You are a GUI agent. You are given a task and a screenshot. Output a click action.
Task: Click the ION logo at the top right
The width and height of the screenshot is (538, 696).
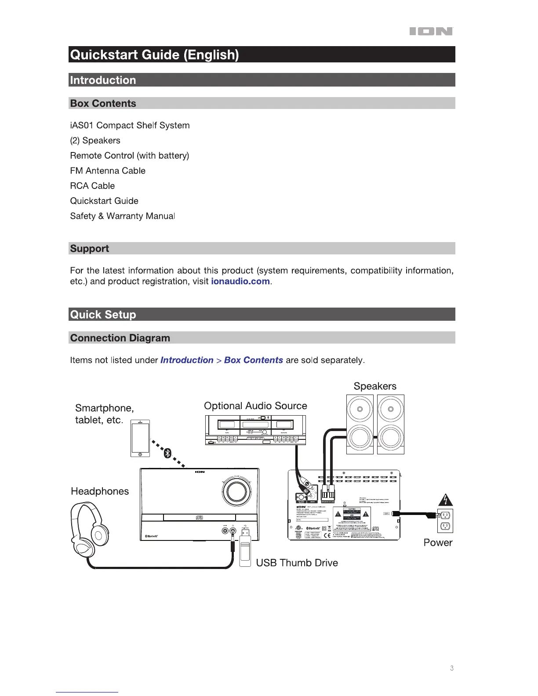coord(431,31)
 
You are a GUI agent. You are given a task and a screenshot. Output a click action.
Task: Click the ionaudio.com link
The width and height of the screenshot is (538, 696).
coord(240,282)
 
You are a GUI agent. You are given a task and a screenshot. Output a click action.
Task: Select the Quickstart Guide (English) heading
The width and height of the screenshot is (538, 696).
coord(155,55)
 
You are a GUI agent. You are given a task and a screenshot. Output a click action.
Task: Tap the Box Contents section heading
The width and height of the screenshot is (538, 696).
coord(103,104)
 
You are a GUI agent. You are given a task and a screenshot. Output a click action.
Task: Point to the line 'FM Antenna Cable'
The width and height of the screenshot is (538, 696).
coord(108,171)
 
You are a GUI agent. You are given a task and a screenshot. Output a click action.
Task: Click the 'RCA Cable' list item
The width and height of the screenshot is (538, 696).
coord(92,186)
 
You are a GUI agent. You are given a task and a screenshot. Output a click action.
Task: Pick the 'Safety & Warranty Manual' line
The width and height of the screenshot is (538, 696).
coord(122,216)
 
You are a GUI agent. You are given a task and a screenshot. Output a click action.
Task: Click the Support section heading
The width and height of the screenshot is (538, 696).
coord(90,249)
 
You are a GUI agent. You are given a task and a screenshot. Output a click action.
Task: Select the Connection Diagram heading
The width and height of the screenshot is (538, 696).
coord(120,338)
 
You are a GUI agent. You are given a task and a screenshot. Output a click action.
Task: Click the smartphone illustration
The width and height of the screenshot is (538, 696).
coord(140,439)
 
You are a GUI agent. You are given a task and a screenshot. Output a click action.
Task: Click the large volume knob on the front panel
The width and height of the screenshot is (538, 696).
coord(237,491)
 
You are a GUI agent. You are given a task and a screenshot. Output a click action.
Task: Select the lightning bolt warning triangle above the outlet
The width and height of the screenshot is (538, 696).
coord(446,500)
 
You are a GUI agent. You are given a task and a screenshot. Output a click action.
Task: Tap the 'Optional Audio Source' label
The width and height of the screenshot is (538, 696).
coord(255,406)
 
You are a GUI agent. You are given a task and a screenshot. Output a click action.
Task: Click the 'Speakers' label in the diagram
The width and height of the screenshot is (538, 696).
coord(375,386)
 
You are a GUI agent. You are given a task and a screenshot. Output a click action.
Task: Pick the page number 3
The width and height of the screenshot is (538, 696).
coord(452,668)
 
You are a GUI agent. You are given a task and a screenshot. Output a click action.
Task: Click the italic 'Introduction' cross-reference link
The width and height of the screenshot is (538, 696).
coord(187,360)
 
